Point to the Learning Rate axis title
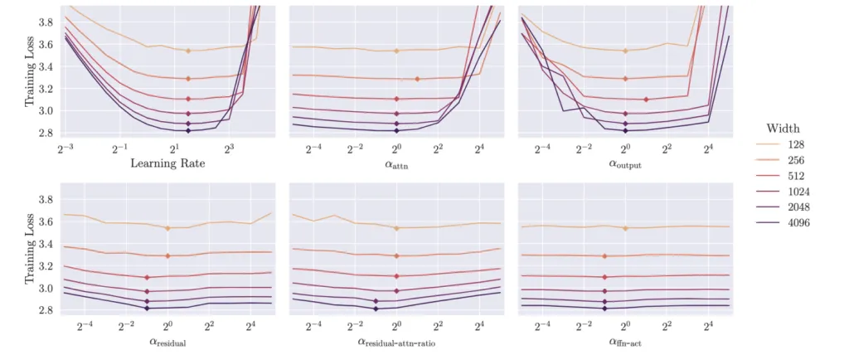pyautogui.click(x=167, y=163)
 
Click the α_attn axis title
pyautogui.click(x=396, y=164)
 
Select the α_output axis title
pyautogui.click(x=625, y=164)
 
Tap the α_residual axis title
pyautogui.click(x=167, y=341)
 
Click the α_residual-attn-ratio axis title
pyautogui.click(x=396, y=341)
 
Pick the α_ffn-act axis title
pyautogui.click(x=625, y=341)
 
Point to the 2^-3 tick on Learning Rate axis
pyautogui.click(x=65, y=148)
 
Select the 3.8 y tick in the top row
pyautogui.click(x=46, y=22)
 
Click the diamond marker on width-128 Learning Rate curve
pyautogui.click(x=188, y=51)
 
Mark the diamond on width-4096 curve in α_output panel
pyautogui.click(x=625, y=130)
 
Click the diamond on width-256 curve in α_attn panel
pyautogui.click(x=417, y=79)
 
